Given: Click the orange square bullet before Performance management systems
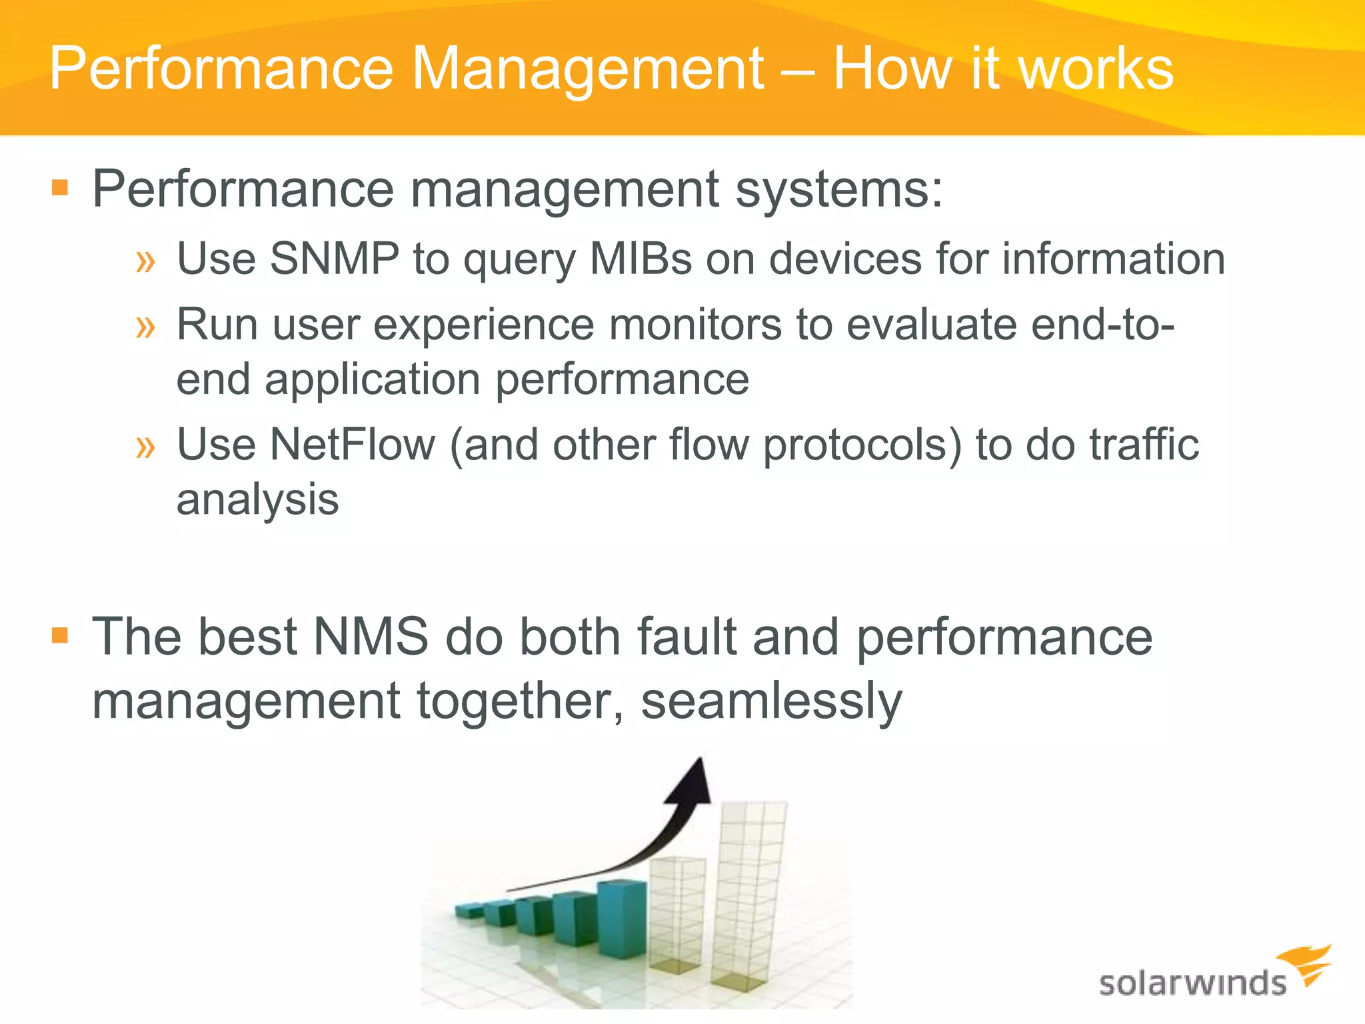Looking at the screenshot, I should [60, 187].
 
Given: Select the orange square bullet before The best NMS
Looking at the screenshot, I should [60, 635].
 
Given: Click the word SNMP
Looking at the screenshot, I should [334, 259].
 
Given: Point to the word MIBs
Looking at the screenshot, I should [641, 259].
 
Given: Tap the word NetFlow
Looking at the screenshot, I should [352, 445].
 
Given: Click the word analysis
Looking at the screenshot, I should [257, 500].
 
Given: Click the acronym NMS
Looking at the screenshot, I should [371, 637].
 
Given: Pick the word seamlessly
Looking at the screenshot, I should [771, 701].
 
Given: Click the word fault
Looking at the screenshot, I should [686, 637].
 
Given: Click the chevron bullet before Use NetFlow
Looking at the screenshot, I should [145, 447].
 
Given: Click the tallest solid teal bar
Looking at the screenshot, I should [622, 920].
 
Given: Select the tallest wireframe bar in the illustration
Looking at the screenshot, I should [748, 893].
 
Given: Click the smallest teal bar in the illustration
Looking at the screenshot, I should [469, 911].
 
